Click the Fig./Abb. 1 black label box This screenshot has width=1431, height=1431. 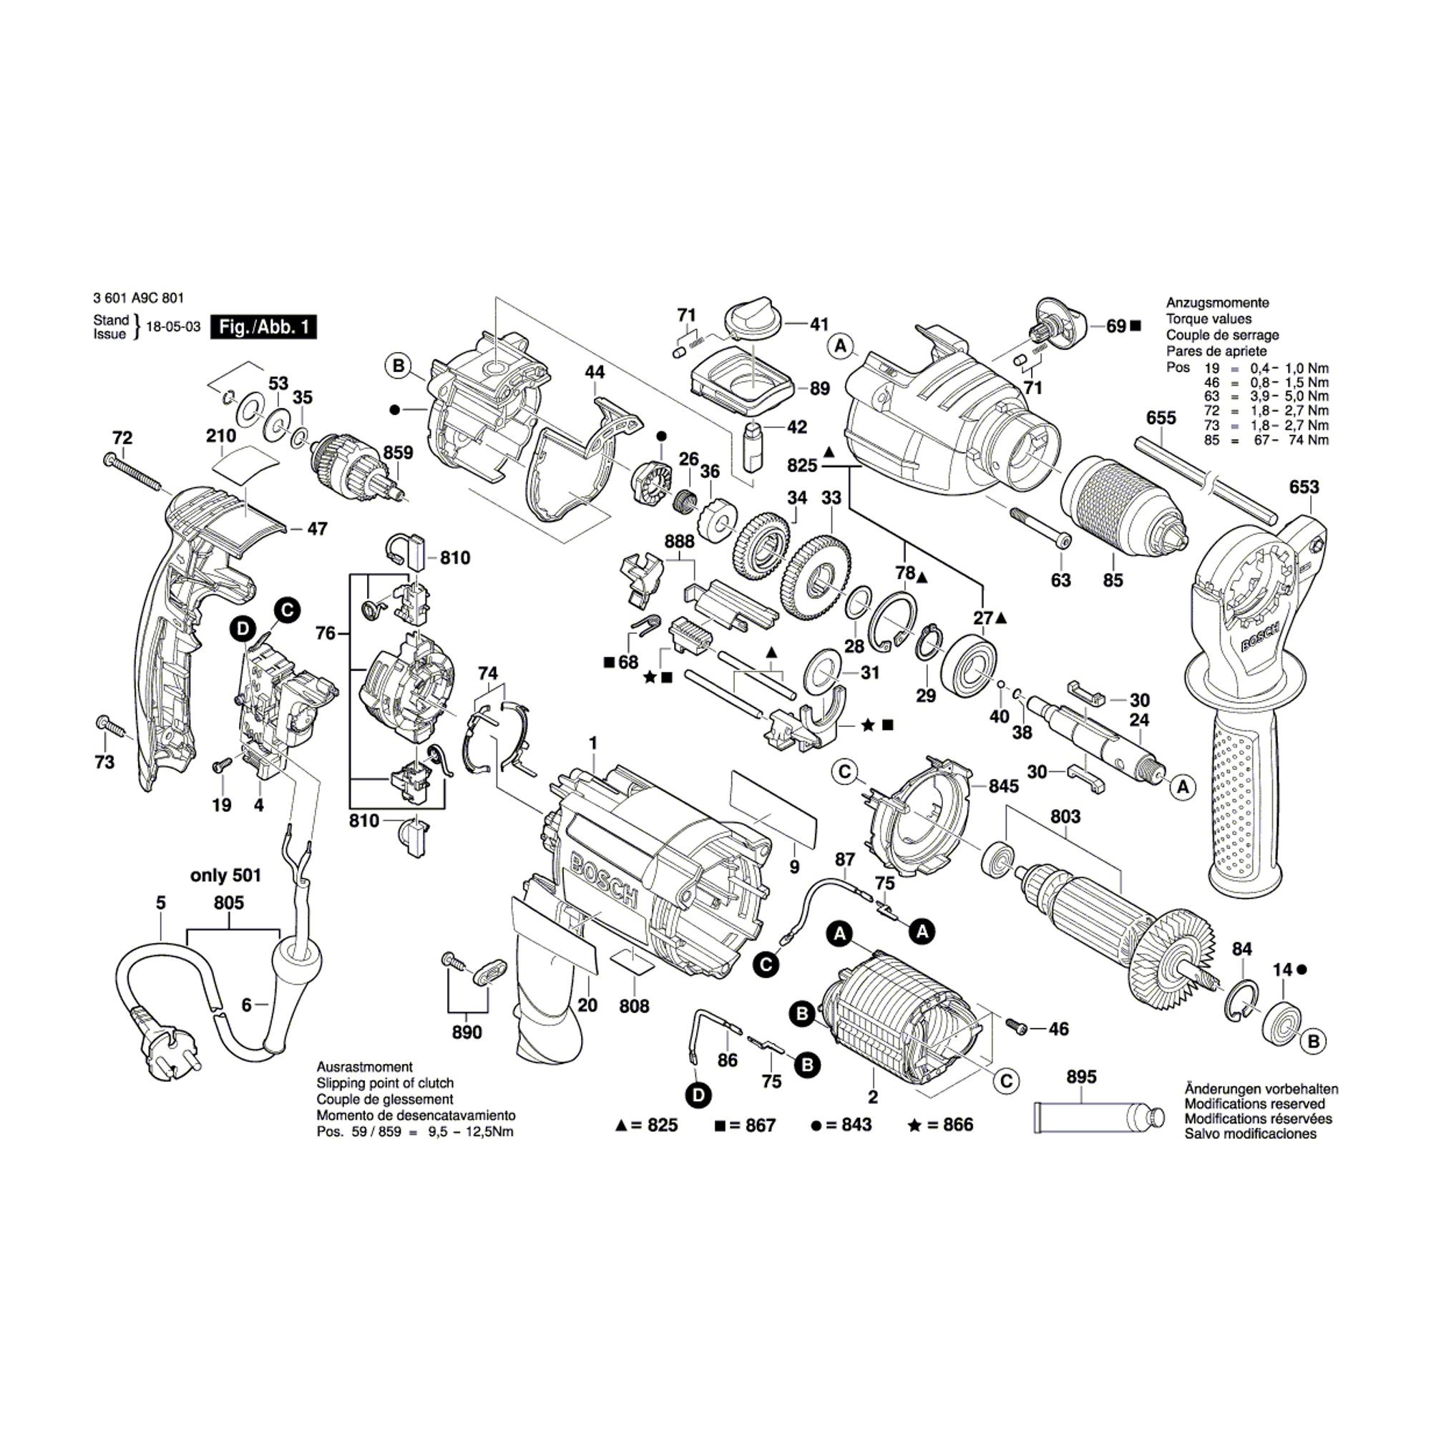pos(264,327)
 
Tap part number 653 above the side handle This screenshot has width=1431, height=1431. pos(1304,487)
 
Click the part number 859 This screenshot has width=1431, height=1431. pos(398,451)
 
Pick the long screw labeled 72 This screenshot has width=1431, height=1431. pos(133,471)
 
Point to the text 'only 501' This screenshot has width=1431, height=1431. pos(226,875)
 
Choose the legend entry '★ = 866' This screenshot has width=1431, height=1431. pos(940,1125)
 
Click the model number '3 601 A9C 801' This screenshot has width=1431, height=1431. pos(139,298)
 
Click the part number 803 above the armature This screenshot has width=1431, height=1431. pos(1065,816)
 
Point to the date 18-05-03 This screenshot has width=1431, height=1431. pos(173,327)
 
